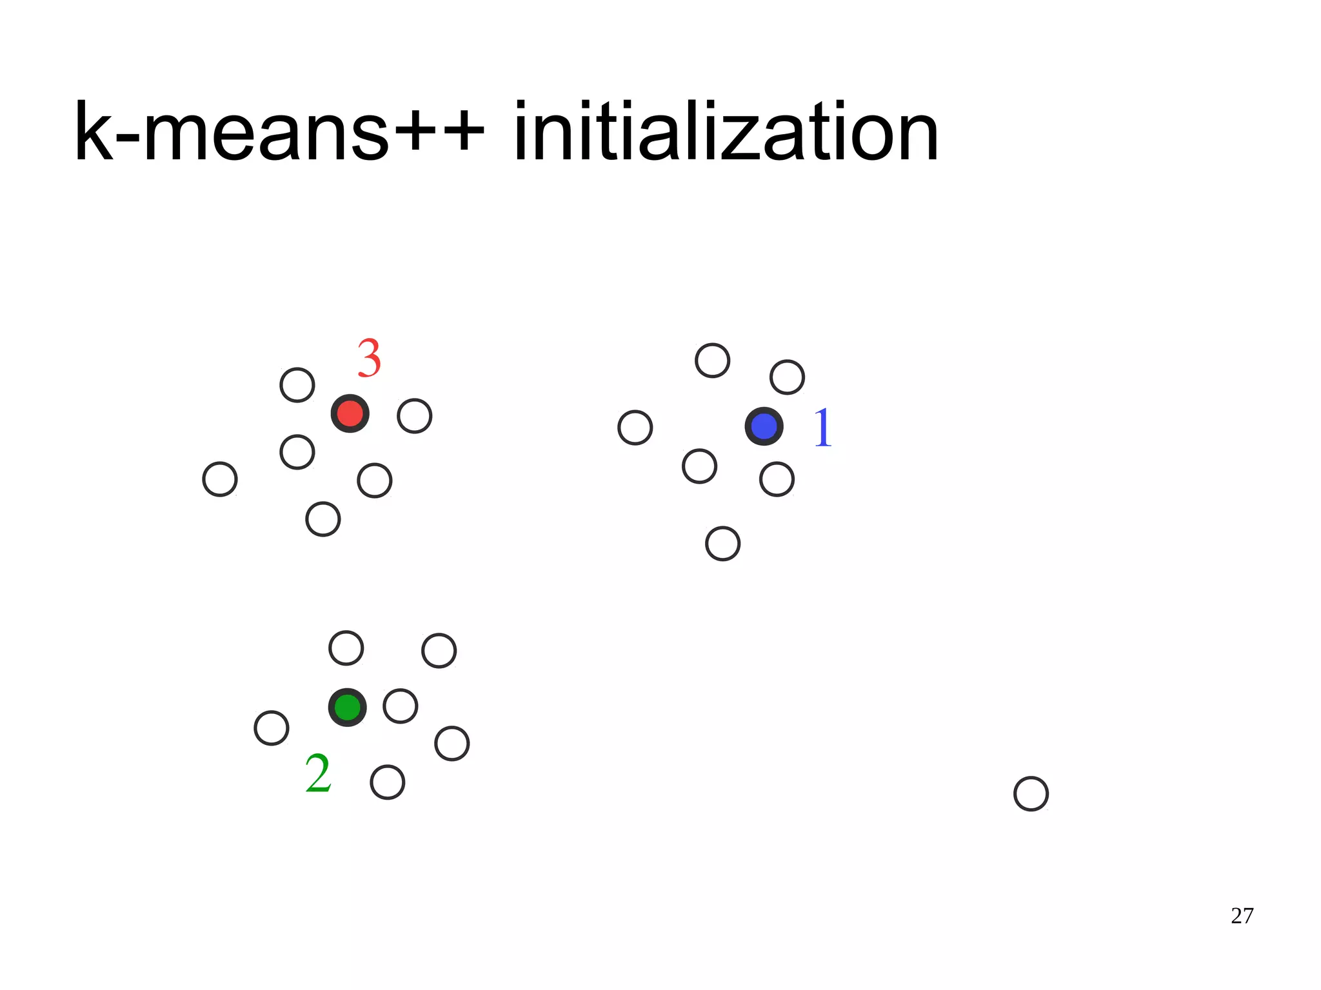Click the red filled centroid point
350,413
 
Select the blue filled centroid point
764,426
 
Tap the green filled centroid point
347,708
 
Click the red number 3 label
369,359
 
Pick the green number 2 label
318,773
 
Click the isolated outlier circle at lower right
1031,793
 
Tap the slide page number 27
1242,916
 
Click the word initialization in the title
726,132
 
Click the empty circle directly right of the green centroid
400,706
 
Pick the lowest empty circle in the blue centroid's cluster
722,543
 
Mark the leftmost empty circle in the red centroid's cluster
220,479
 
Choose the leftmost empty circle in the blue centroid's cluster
635,428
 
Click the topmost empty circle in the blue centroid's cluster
712,360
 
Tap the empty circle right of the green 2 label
387,782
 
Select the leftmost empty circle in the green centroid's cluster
271,728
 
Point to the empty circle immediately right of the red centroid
414,416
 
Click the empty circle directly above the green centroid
346,648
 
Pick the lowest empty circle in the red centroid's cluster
323,519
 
